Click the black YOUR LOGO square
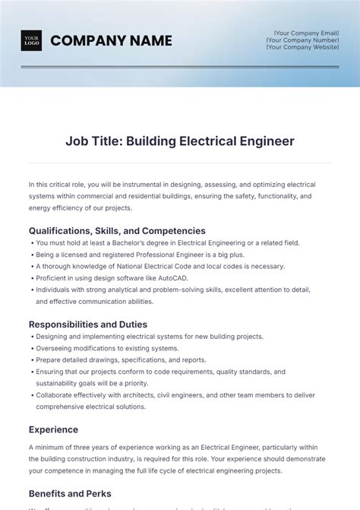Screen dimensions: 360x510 point(31,40)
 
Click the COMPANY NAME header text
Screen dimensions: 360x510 point(111,40)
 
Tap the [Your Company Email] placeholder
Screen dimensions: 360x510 point(306,33)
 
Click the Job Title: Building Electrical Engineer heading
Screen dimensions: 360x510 point(180,141)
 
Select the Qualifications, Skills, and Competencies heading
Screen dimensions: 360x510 point(117,230)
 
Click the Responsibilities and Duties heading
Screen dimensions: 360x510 point(88,325)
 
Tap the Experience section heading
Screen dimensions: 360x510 point(53,429)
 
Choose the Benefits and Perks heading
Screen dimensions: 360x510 point(70,493)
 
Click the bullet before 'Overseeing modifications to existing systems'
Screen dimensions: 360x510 point(31,349)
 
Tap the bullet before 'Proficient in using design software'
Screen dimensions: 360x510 point(31,278)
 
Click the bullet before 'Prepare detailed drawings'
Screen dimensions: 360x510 point(31,360)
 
